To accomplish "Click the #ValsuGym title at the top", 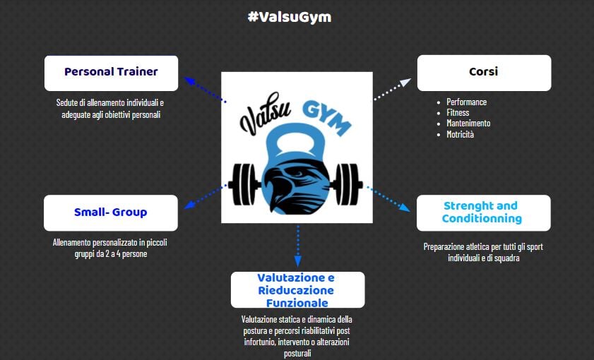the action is pos(290,17).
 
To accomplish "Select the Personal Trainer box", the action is pos(111,73).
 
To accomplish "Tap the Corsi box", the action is pos(484,73).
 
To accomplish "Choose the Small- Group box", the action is pos(111,212).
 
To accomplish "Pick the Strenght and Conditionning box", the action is pos(483,212).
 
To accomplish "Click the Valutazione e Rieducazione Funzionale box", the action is pos(298,289).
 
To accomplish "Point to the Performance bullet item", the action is pos(466,102).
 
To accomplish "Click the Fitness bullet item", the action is pos(458,112).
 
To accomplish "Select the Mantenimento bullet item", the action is pos(468,123).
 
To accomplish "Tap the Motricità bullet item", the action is pos(460,134).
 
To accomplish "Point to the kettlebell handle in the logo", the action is pos(296,141).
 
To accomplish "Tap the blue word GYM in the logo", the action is pos(326,118).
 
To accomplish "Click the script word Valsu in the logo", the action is pos(265,113).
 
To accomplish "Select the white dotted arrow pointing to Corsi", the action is pos(392,90).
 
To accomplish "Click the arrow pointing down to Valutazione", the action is pos(298,246).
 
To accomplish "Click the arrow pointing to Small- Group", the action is pos(206,197).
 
